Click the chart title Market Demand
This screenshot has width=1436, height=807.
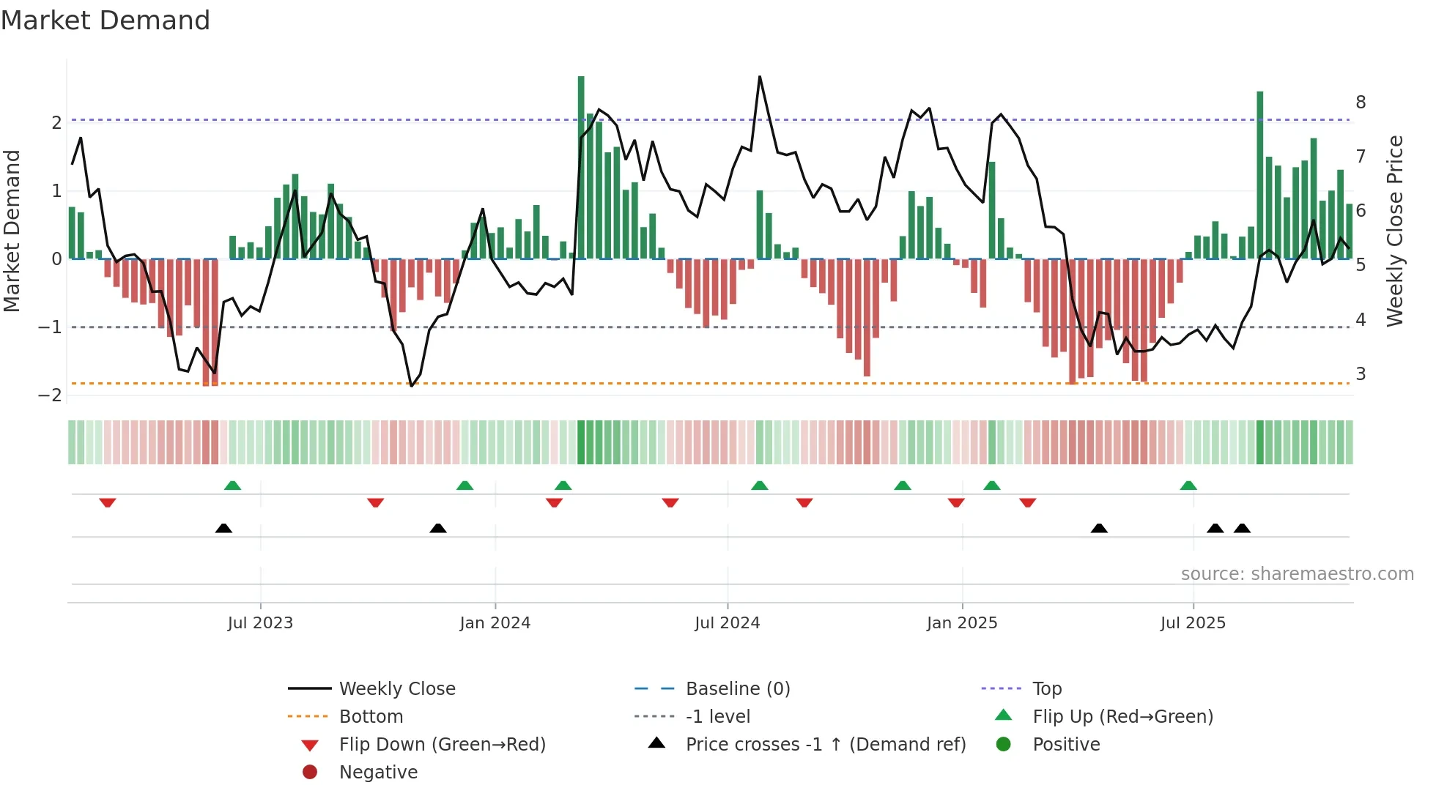[x=106, y=21]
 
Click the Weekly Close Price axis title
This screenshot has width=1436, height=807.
[x=1395, y=231]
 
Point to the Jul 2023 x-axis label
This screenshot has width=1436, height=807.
[x=260, y=623]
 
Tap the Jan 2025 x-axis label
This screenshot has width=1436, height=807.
[x=961, y=623]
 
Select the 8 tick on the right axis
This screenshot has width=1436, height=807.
[x=1361, y=103]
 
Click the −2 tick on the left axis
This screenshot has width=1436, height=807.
[x=51, y=395]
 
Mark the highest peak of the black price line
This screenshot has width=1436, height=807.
[x=760, y=77]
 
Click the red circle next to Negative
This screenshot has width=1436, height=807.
[x=310, y=773]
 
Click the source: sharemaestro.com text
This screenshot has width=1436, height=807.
[x=1297, y=574]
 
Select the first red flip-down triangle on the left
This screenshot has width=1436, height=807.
[x=108, y=502]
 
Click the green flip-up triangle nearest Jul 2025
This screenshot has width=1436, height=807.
[x=1188, y=486]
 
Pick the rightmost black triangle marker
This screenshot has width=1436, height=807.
[x=1242, y=528]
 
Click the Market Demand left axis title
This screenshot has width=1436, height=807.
[x=12, y=231]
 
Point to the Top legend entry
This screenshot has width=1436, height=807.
[x=1046, y=689]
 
